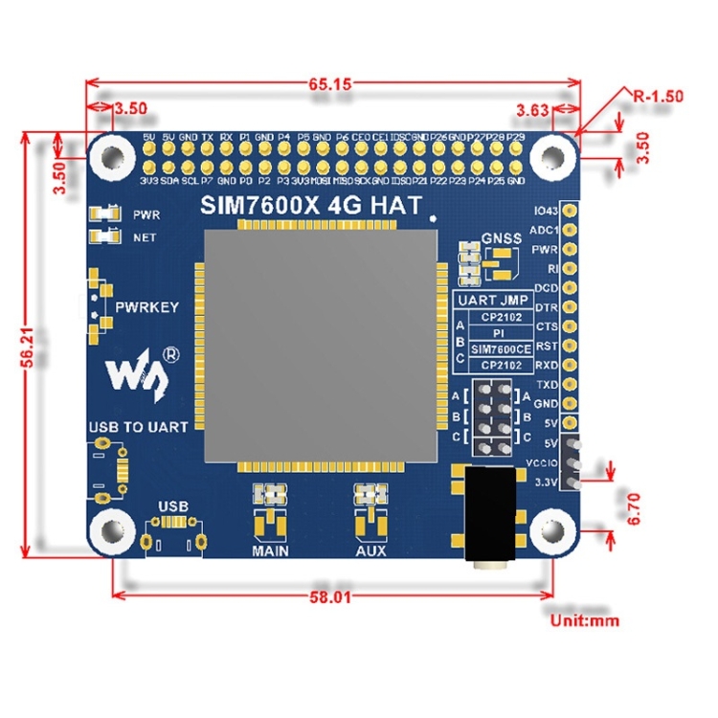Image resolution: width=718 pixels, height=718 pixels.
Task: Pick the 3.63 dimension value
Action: [532, 109]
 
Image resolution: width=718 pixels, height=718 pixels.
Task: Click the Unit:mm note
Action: [585, 620]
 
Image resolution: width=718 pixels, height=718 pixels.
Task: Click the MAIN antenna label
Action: [270, 551]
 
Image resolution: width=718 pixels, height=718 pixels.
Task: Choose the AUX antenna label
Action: [370, 551]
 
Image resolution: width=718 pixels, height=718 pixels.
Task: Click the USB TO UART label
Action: [138, 426]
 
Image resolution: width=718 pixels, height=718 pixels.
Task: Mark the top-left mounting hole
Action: [115, 154]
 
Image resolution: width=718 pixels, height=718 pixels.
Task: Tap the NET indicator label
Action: [145, 236]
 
